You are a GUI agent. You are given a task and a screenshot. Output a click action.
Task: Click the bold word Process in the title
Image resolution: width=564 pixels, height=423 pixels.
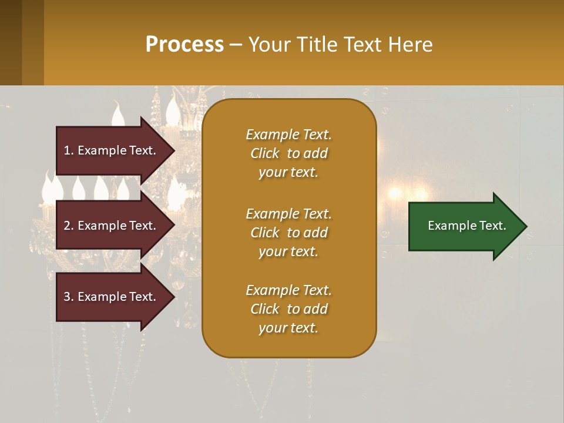[x=184, y=45]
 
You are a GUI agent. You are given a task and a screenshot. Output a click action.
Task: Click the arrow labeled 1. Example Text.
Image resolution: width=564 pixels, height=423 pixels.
[x=112, y=150]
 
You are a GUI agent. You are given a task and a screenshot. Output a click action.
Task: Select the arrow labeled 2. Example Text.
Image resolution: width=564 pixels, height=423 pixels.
[x=112, y=226]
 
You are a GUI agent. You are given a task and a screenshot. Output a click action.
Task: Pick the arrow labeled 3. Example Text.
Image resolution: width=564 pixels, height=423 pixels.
[x=112, y=297]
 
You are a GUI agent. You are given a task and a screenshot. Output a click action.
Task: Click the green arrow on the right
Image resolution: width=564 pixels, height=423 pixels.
[x=464, y=226]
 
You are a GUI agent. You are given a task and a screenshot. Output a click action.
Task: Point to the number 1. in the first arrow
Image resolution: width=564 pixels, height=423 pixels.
[x=69, y=150]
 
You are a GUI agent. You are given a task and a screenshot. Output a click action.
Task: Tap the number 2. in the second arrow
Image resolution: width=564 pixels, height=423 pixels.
[x=69, y=226]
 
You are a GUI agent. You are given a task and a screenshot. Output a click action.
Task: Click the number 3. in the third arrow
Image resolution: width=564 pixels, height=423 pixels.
[x=69, y=297]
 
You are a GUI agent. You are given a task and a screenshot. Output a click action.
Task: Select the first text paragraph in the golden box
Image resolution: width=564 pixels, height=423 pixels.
[x=288, y=153]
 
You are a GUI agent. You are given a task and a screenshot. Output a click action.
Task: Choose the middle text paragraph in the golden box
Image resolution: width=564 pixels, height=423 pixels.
[x=288, y=233]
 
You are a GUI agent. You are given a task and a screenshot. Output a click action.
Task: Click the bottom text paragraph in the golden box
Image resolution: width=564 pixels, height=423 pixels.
[x=288, y=309]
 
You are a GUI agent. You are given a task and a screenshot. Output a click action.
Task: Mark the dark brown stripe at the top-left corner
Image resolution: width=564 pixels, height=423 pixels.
[x=11, y=42]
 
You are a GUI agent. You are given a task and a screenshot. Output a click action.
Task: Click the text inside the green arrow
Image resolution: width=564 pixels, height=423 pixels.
[x=466, y=226]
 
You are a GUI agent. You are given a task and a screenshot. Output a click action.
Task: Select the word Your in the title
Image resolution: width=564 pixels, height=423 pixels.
[x=271, y=45]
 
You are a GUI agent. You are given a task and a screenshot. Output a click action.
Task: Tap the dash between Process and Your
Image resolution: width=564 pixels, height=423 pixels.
[x=236, y=45]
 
